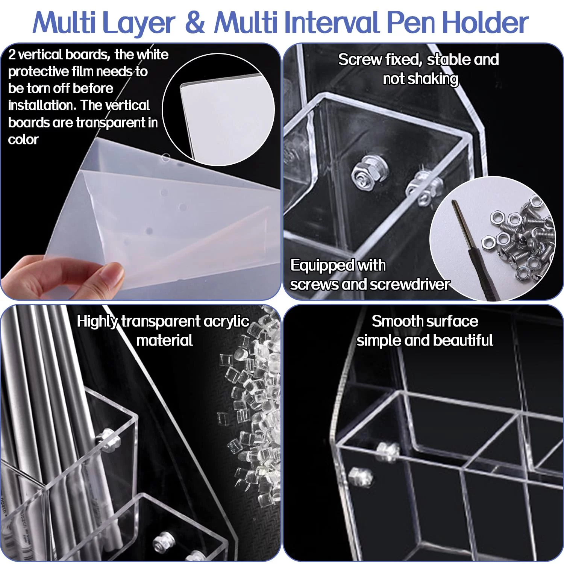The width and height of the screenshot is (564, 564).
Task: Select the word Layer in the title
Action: pos(138,23)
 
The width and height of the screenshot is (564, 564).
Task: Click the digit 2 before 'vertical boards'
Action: pos(12,55)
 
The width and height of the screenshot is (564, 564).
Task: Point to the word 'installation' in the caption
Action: pos(42,105)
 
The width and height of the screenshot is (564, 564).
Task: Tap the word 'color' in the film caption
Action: pos(23,139)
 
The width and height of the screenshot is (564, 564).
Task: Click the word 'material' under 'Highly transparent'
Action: pos(165,340)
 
